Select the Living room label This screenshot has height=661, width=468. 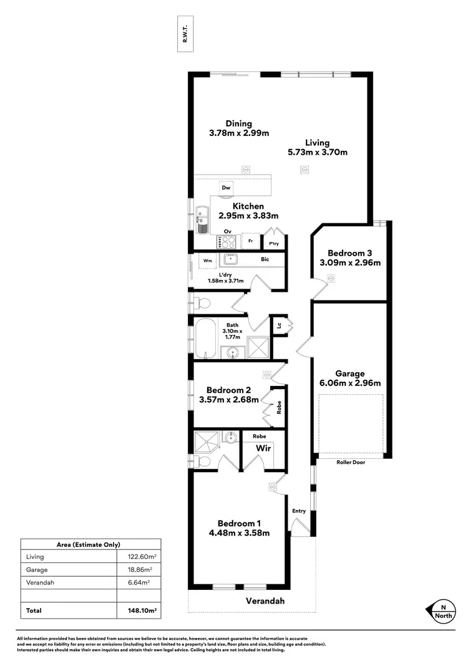click(x=317, y=142)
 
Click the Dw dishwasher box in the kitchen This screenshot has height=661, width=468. click(x=226, y=187)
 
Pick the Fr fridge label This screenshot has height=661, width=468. click(x=250, y=241)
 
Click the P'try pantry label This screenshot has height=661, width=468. click(x=273, y=243)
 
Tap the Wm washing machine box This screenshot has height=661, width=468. click(x=207, y=260)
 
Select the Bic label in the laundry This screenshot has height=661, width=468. click(x=265, y=259)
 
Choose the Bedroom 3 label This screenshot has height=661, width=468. click(x=350, y=253)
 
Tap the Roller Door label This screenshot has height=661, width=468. click(x=351, y=463)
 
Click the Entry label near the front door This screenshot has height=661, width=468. click(x=299, y=511)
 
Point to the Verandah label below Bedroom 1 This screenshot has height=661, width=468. click(x=264, y=601)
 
